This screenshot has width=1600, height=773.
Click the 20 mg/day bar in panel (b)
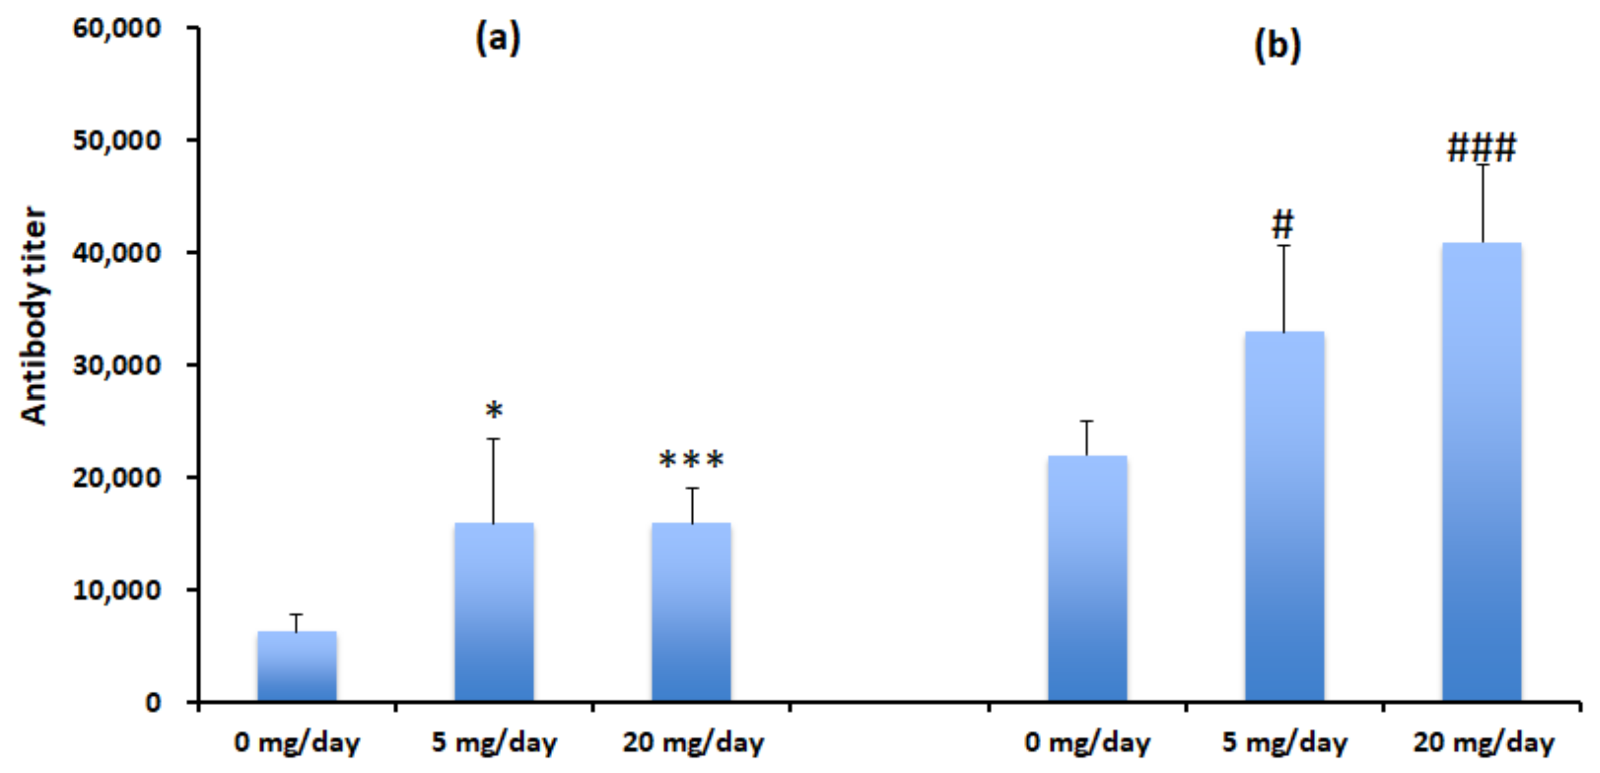1481,472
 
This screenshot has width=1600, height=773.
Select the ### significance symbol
1481,148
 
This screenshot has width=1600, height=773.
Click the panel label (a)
497,39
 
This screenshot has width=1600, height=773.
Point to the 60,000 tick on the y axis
117,28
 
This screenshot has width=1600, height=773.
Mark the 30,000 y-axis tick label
117,365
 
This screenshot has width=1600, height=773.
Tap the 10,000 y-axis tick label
117,590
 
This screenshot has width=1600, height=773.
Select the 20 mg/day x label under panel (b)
1483,743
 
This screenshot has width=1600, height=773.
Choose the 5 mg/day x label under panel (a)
494,743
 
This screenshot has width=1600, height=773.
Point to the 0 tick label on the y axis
153,703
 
